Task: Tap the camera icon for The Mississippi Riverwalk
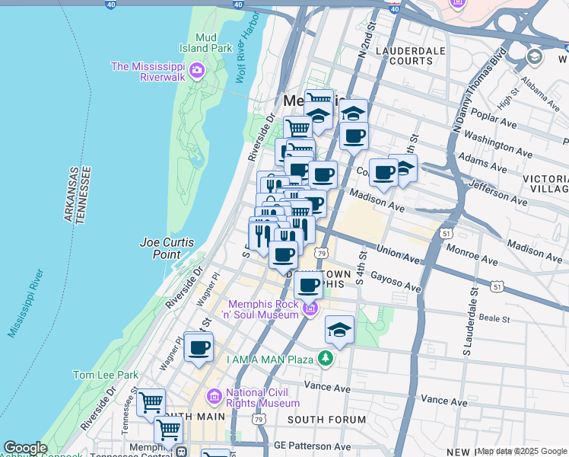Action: click(x=197, y=72)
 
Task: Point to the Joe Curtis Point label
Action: click(x=167, y=248)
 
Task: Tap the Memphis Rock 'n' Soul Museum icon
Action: click(x=310, y=309)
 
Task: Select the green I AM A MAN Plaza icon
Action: click(x=326, y=358)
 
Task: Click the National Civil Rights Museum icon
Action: click(x=214, y=397)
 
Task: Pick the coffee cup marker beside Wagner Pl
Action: click(x=199, y=348)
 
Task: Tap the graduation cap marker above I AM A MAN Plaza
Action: click(x=339, y=330)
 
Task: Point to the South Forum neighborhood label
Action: click(x=327, y=420)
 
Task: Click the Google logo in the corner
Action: click(x=25, y=448)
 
